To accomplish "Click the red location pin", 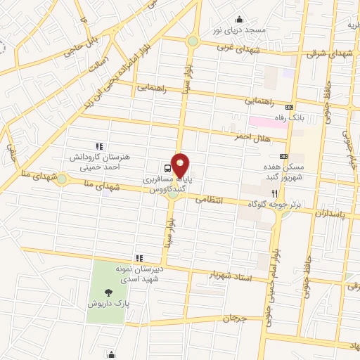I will click(x=181, y=165).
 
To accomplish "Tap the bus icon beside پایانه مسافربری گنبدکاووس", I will click(x=167, y=169).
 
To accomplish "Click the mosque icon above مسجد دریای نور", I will click(x=240, y=19).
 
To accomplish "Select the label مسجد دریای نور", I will click(x=240, y=32).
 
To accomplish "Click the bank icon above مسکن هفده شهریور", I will click(x=283, y=156).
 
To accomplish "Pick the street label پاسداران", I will click(x=331, y=211).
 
